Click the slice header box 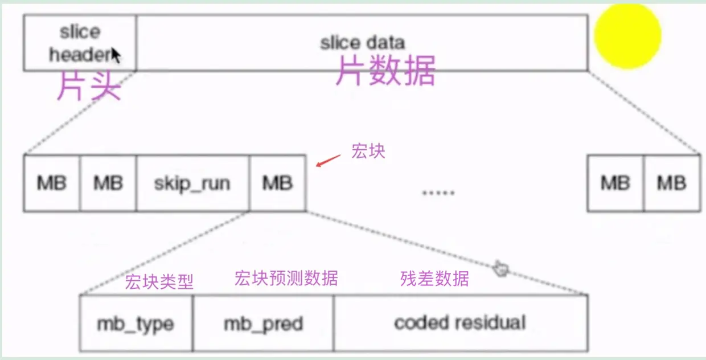(x=80, y=42)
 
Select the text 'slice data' (x=362, y=43)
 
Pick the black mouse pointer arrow (x=116, y=55)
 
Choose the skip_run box (x=192, y=183)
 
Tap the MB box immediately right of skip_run (x=277, y=183)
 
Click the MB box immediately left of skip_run (x=108, y=183)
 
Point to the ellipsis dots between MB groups (x=438, y=193)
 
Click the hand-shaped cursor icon (x=501, y=268)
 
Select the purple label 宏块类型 (x=159, y=281)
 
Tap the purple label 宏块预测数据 (x=286, y=278)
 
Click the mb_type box (x=136, y=324)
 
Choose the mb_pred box (x=263, y=324)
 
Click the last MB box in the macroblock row (x=672, y=183)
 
